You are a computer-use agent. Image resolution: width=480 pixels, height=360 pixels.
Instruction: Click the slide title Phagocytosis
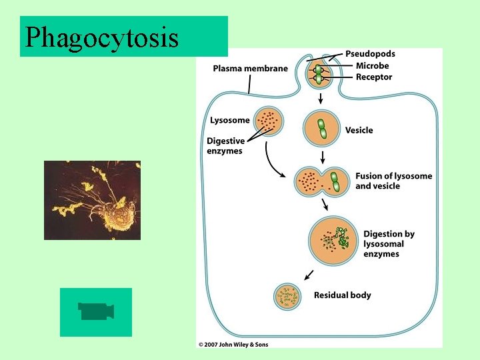tap(102, 37)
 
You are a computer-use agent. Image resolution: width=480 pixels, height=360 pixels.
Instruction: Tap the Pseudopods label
tap(370, 54)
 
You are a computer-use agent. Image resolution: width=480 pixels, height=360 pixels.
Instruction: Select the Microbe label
tap(372, 66)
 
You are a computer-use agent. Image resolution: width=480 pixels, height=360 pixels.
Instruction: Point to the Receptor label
tap(374, 77)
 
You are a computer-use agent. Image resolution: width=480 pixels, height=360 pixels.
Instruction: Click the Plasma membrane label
tap(251, 68)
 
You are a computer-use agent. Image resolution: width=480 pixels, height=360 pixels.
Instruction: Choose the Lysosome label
tap(230, 121)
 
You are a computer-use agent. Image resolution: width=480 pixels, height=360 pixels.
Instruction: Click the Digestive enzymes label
tap(225, 146)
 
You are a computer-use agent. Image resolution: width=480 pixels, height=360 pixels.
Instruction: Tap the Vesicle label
tap(359, 130)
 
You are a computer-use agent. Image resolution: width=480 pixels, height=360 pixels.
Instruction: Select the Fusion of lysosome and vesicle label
tap(393, 181)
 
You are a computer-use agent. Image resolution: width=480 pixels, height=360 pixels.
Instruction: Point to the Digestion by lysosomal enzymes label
tap(389, 244)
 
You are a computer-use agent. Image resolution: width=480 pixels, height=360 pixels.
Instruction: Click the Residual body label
tap(343, 295)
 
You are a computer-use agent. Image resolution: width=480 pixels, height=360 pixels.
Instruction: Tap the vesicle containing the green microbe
tap(322, 128)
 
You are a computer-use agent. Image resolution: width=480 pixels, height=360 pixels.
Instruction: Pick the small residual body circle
tap(289, 297)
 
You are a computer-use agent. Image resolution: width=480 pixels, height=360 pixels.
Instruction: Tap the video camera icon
tap(96, 311)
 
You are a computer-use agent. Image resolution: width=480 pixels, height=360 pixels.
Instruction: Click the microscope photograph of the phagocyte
tap(92, 200)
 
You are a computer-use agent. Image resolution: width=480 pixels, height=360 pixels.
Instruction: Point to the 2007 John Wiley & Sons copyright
tap(233, 344)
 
